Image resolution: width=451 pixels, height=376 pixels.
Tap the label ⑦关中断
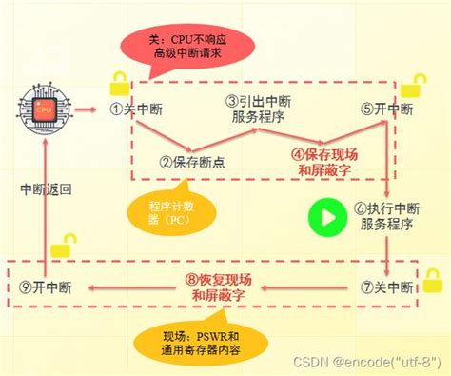(x=388, y=286)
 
